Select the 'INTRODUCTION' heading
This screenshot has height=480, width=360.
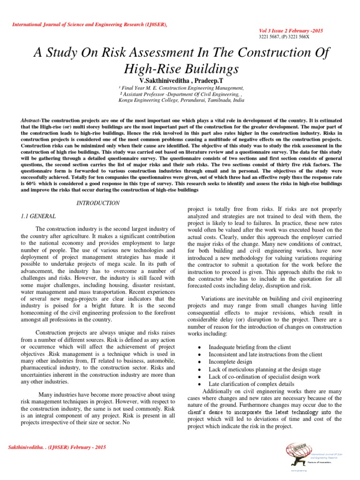[98, 203]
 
